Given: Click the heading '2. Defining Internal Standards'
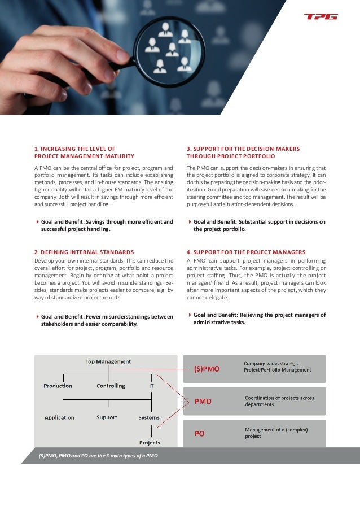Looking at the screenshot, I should [84, 252].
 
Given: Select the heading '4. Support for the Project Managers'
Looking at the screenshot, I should [246, 252].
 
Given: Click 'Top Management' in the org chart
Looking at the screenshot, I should [108, 361].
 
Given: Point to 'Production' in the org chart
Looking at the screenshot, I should [58, 386].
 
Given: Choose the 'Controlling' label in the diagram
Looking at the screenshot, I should [111, 386].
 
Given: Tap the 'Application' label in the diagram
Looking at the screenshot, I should [59, 417].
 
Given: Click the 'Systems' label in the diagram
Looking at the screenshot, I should [149, 417].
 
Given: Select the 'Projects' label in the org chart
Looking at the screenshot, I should [150, 442].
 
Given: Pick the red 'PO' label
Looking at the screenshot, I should [199, 434].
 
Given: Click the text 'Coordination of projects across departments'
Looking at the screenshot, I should [279, 401].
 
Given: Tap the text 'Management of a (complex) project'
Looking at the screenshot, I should [276, 433].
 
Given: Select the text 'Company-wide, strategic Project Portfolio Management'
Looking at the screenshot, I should [277, 367].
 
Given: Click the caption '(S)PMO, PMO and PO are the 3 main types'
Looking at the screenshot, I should [98, 456].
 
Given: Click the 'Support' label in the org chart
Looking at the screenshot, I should [107, 417].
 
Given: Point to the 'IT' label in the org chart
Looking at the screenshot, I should [151, 386].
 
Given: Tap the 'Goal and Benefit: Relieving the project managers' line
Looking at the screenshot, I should [259, 315].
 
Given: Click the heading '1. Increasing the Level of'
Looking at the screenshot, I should [75, 149].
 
